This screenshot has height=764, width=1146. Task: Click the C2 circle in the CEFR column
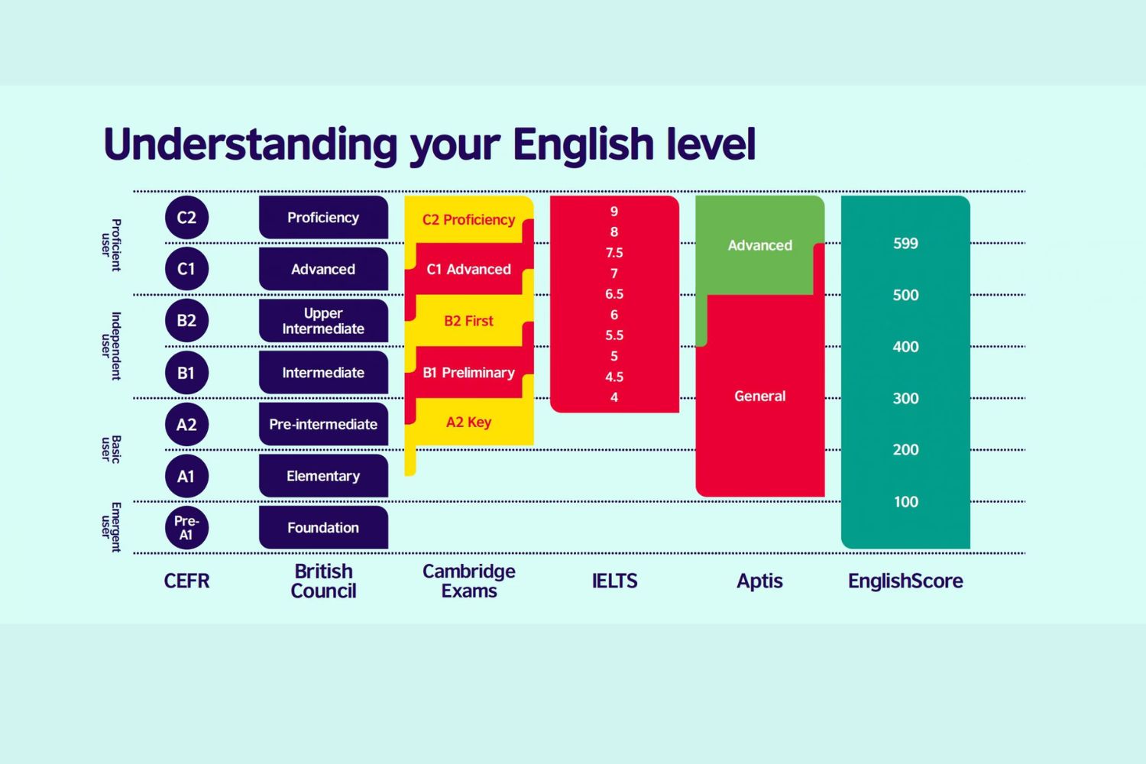pyautogui.click(x=186, y=218)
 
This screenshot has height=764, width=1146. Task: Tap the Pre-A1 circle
pyautogui.click(x=186, y=528)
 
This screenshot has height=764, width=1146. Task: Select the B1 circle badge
pyautogui.click(x=186, y=372)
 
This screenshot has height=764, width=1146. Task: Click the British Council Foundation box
pyautogui.click(x=323, y=528)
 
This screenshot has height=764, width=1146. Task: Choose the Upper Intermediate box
pyautogui.click(x=323, y=321)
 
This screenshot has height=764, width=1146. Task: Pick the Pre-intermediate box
pyautogui.click(x=323, y=424)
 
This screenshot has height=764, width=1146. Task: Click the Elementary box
pyautogui.click(x=323, y=476)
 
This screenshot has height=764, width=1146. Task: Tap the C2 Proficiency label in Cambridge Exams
pyautogui.click(x=468, y=220)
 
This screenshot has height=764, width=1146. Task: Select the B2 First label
pyautogui.click(x=468, y=321)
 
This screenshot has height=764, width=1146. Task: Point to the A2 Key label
pyautogui.click(x=468, y=422)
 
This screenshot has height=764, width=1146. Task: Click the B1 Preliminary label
pyautogui.click(x=468, y=373)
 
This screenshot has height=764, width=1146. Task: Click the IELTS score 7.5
pyautogui.click(x=614, y=253)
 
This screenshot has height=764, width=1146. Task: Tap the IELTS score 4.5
pyautogui.click(x=614, y=377)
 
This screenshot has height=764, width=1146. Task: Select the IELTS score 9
pyautogui.click(x=614, y=212)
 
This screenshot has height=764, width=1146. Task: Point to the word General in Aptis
pyautogui.click(x=759, y=396)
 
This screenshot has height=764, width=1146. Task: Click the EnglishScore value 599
pyautogui.click(x=905, y=243)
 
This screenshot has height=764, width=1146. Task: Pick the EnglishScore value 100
pyautogui.click(x=905, y=501)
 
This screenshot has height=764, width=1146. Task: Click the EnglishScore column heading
pyautogui.click(x=905, y=581)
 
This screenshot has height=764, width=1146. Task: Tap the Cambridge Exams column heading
pyautogui.click(x=468, y=581)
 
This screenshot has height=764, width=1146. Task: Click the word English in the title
pyautogui.click(x=583, y=145)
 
